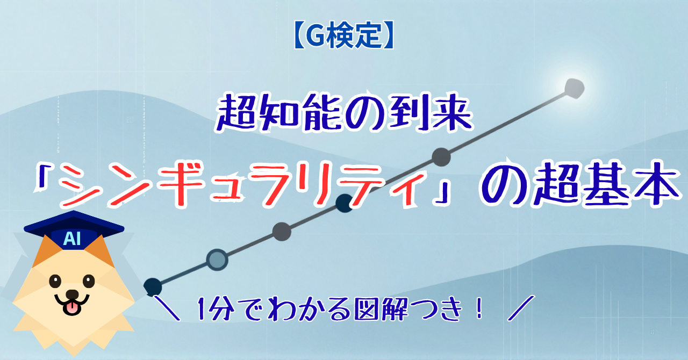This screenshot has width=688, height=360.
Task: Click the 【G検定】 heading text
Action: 343,35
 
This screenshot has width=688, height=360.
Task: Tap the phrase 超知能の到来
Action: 344,113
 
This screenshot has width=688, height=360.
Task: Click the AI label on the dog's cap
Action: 72,239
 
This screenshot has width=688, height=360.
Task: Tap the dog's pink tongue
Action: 72,308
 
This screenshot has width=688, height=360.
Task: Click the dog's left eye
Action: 55,281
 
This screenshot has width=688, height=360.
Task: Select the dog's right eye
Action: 89,281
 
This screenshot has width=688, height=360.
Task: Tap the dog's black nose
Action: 72,294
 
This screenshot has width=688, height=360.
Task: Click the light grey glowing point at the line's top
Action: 575,89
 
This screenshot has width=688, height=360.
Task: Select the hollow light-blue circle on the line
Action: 217,260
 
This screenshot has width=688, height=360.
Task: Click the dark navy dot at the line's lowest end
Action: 153,287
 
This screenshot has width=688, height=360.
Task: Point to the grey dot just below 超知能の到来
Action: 441,157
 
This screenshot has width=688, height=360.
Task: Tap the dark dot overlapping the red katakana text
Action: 345,203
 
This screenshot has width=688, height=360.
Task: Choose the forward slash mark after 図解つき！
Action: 521,308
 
